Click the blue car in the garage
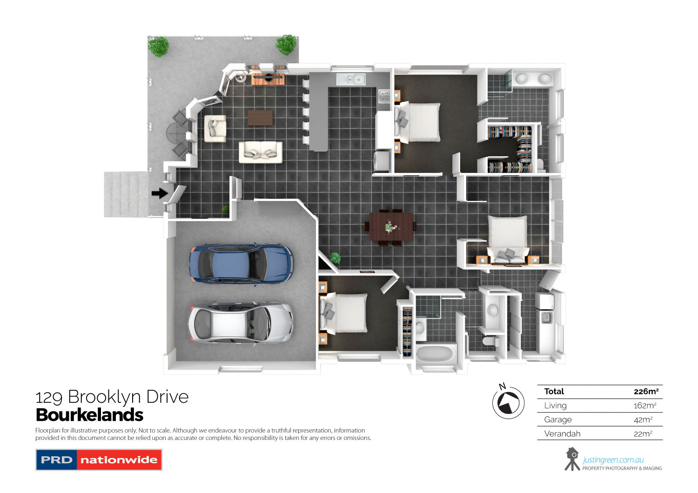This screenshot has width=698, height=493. (x=241, y=263)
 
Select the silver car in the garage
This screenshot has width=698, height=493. (x=240, y=322)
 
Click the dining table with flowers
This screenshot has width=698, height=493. (x=391, y=227)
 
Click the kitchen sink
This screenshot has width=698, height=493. (x=351, y=80)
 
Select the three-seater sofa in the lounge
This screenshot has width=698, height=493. (x=261, y=152)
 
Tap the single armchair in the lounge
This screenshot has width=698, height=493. (x=215, y=128)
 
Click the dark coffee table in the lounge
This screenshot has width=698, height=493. (x=260, y=118)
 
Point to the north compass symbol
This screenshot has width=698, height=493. (x=508, y=402)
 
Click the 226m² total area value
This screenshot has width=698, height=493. (x=645, y=392)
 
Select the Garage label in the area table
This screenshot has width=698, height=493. (x=558, y=420)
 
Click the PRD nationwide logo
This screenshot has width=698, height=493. (x=99, y=460)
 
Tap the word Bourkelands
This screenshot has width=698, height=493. (x=89, y=415)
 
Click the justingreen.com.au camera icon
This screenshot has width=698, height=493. (x=572, y=459)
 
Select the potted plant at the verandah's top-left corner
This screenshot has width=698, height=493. (x=159, y=47)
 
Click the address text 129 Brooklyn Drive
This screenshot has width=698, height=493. (x=112, y=397)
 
